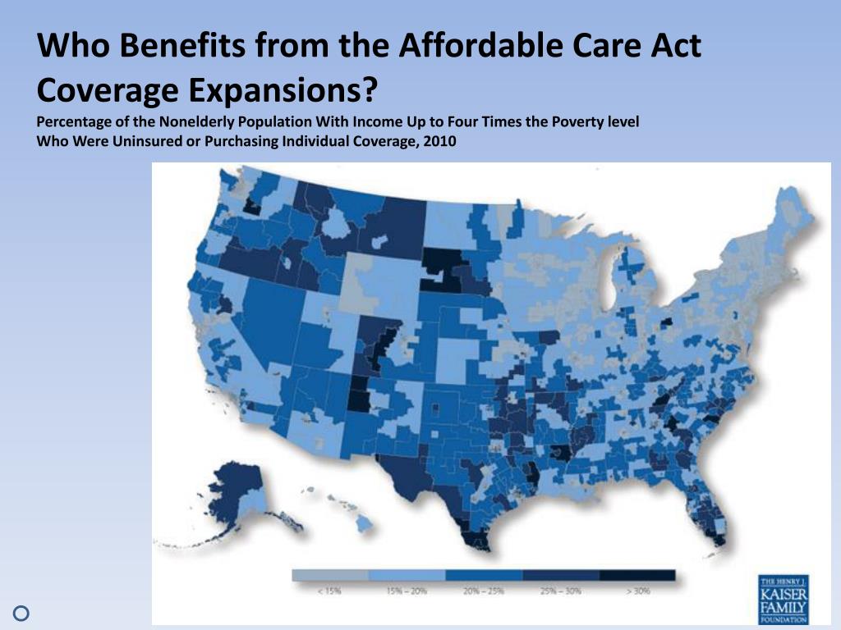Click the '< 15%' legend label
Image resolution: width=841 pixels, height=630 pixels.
pos(329,591)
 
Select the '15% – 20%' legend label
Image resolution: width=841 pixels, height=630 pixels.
pos(407,591)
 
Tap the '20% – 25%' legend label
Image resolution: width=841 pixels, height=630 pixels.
pos(484,591)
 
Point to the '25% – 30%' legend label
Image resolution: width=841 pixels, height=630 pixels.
pos(561,591)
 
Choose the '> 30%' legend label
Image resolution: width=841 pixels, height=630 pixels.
pos(638,591)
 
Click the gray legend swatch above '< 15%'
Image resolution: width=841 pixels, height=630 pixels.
pos(330,575)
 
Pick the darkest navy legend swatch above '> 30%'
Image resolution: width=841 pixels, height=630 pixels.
pos(637,575)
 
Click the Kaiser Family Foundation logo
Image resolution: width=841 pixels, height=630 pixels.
pos(783,600)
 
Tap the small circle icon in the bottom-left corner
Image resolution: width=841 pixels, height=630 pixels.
pos(22,612)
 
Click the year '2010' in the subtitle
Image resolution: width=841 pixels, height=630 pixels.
pos(439,140)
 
